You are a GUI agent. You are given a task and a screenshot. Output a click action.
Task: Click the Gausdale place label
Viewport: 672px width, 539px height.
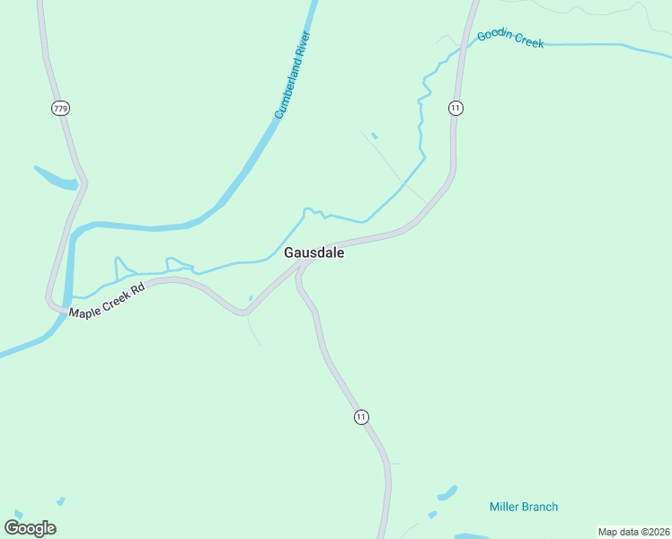314,253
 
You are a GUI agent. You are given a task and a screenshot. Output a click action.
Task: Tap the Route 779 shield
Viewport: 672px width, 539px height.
60,109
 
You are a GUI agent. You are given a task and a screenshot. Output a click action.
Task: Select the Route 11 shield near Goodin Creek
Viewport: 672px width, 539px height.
456,108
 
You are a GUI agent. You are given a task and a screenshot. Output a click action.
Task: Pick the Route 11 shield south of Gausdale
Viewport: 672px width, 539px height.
361,417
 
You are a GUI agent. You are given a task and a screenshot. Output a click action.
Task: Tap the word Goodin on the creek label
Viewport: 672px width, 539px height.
494,36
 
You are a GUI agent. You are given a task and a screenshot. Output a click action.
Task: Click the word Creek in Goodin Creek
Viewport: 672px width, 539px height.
528,41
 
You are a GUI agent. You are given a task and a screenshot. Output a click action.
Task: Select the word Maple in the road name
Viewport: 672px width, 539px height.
84,309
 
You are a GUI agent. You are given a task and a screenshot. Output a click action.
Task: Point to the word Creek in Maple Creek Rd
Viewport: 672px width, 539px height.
113,298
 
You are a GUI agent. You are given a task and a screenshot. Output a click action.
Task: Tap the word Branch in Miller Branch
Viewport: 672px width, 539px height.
540,507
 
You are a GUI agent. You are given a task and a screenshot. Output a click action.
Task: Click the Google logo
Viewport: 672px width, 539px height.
30,527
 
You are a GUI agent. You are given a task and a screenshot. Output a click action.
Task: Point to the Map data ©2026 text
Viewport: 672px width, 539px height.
632,532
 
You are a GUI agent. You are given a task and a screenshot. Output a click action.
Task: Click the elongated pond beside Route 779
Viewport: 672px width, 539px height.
56,179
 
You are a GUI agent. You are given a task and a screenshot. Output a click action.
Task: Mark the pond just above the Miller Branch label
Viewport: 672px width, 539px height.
447,493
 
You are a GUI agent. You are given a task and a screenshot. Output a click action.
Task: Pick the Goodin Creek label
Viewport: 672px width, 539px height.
510,39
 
